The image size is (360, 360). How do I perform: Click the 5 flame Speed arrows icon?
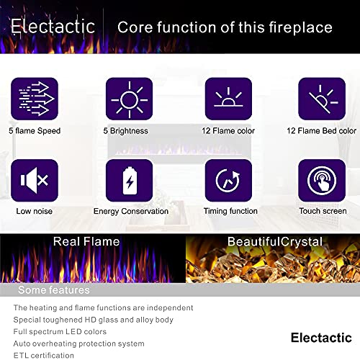pyautogui.click(x=35, y=99)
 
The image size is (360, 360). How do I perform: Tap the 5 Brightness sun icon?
pyautogui.click(x=129, y=99)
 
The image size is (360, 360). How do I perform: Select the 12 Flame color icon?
pyautogui.click(x=228, y=99)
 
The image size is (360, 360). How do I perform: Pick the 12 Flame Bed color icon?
pyautogui.click(x=322, y=99)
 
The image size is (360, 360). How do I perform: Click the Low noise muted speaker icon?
pyautogui.click(x=35, y=181)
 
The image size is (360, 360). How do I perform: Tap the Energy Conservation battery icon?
pyautogui.click(x=129, y=181)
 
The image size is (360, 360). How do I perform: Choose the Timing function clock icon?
pyautogui.click(x=228, y=181)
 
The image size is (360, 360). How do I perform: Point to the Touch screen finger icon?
pyautogui.click(x=322, y=181)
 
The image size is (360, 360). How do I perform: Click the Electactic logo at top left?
pyautogui.click(x=53, y=27)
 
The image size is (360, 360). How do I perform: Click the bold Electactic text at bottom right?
pyautogui.click(x=321, y=337)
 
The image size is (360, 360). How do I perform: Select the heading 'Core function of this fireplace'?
pyautogui.click(x=225, y=27)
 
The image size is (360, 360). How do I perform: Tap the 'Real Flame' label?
pyautogui.click(x=86, y=242)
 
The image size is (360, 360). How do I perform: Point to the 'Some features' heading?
pyautogui.click(x=53, y=290)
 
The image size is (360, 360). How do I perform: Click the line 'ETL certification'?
pyautogui.click(x=43, y=355)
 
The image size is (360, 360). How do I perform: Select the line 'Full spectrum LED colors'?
pyautogui.click(x=60, y=331)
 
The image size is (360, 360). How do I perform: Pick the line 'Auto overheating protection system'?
pyautogui.click(x=78, y=343)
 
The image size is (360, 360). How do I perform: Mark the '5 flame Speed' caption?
pyautogui.click(x=35, y=131)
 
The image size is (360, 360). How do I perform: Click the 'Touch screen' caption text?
pyautogui.click(x=322, y=211)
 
